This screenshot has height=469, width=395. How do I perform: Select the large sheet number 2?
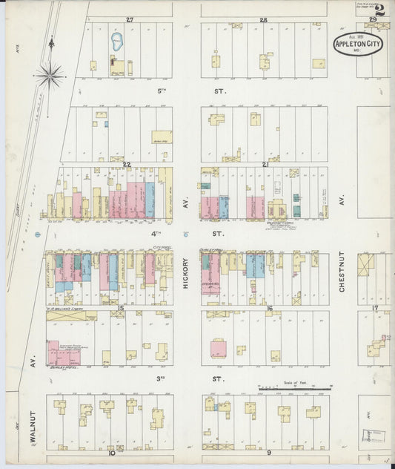pos(379,10)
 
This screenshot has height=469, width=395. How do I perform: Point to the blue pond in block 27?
pos(117,42)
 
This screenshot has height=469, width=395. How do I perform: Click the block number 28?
pos(263,19)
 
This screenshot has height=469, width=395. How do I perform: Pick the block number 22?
pos(127,164)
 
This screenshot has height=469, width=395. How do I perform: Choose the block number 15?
pos(119,307)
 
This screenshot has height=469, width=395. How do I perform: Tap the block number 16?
pos(270,307)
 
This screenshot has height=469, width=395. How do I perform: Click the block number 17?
pos(375,307)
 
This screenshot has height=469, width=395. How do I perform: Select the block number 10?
pos(111,452)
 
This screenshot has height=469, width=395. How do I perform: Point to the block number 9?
pos(269,452)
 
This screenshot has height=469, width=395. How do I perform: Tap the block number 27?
pos(130,19)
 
